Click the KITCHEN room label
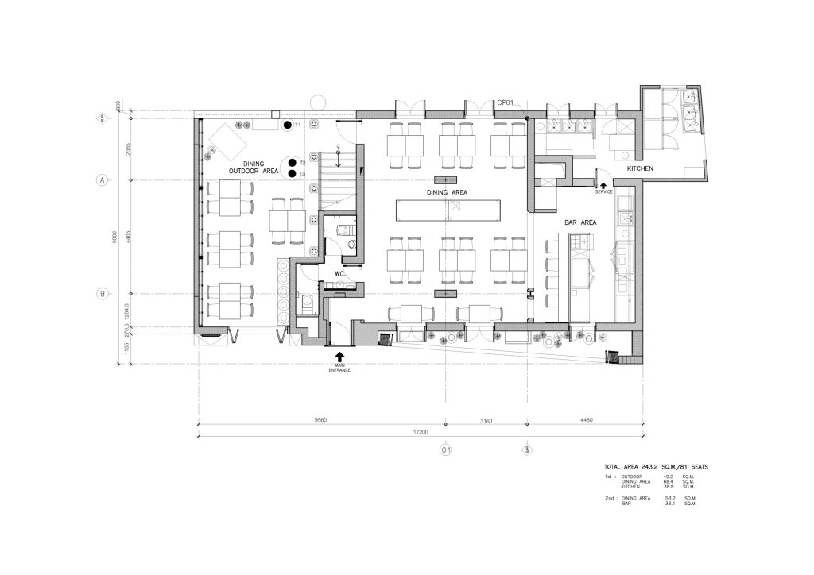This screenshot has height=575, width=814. click(x=640, y=169)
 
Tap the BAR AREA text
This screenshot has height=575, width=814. click(x=580, y=222)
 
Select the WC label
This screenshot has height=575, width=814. click(x=339, y=273)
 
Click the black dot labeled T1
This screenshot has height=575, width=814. click(x=286, y=125)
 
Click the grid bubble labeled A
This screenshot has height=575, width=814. click(x=103, y=180)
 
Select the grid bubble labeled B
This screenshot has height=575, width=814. click(x=103, y=294)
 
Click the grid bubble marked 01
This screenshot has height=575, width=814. click(x=446, y=450)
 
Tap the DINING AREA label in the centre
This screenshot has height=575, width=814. click(x=447, y=192)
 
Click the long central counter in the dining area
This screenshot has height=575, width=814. click(x=448, y=210)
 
